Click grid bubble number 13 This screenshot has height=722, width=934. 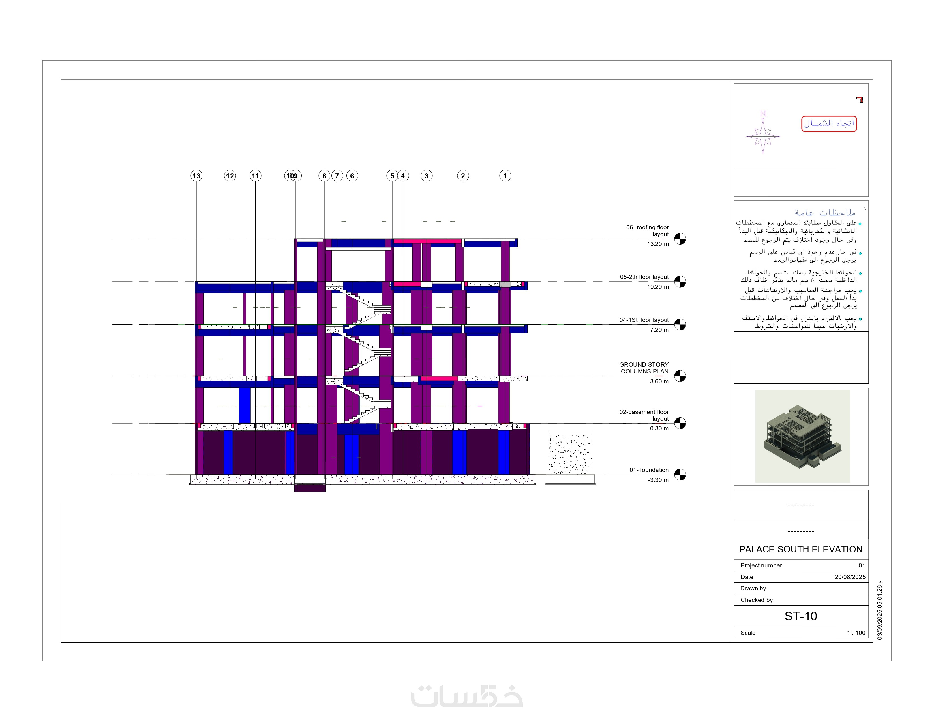click(x=196, y=176)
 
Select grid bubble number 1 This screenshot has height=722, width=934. click(x=505, y=176)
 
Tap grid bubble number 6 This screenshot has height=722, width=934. click(x=352, y=176)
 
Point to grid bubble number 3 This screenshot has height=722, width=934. click(x=426, y=176)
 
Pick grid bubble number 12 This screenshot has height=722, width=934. click(x=230, y=176)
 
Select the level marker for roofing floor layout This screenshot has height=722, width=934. click(x=680, y=239)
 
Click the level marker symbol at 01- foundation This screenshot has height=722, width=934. click(x=680, y=475)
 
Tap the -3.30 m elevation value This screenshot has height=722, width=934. click(x=658, y=480)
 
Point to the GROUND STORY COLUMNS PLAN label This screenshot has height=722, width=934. click(x=644, y=368)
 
